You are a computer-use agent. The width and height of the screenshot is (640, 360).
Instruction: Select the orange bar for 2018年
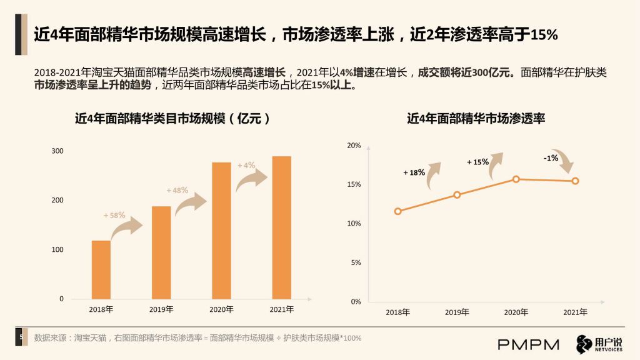pyautogui.click(x=101, y=270)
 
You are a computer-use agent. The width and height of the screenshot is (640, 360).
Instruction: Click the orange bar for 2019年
pyautogui.click(x=161, y=252)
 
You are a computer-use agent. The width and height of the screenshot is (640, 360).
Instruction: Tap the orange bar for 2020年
pyautogui.click(x=221, y=231)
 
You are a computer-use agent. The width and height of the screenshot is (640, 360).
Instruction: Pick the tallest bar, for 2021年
pyautogui.click(x=282, y=227)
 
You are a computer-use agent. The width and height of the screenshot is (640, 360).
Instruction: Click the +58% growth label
pyautogui.click(x=114, y=215)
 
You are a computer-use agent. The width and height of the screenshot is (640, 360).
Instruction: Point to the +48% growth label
pyautogui.click(x=177, y=190)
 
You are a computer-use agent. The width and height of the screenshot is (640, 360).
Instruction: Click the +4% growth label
pyautogui.click(x=246, y=165)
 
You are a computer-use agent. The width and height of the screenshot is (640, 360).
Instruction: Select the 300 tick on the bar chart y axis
pyautogui.click(x=57, y=151)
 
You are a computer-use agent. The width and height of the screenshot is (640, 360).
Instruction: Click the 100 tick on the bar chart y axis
pyautogui.click(x=57, y=249)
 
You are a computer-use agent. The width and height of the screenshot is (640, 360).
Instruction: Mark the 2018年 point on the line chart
pyautogui.click(x=398, y=211)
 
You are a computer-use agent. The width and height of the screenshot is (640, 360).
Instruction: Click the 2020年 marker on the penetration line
pyautogui.click(x=516, y=179)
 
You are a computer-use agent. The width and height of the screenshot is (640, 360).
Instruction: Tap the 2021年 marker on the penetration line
pyautogui.click(x=575, y=181)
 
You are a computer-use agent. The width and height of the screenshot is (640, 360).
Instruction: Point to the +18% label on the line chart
pyautogui.click(x=414, y=172)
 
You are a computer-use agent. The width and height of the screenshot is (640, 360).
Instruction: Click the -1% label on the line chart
pyautogui.click(x=551, y=158)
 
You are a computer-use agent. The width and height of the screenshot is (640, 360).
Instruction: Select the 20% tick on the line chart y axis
pyautogui.click(x=354, y=145)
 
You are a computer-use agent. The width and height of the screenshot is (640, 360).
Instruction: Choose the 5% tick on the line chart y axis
pyautogui.click(x=356, y=262)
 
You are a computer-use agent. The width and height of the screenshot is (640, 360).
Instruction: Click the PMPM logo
pyautogui.click(x=529, y=345)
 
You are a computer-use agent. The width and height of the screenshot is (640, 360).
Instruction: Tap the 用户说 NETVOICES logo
pyautogui.click(x=599, y=344)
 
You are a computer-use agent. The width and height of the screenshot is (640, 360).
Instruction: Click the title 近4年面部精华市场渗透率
pyautogui.click(x=476, y=118)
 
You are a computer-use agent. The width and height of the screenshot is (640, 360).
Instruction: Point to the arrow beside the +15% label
pyautogui.click(x=495, y=165)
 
